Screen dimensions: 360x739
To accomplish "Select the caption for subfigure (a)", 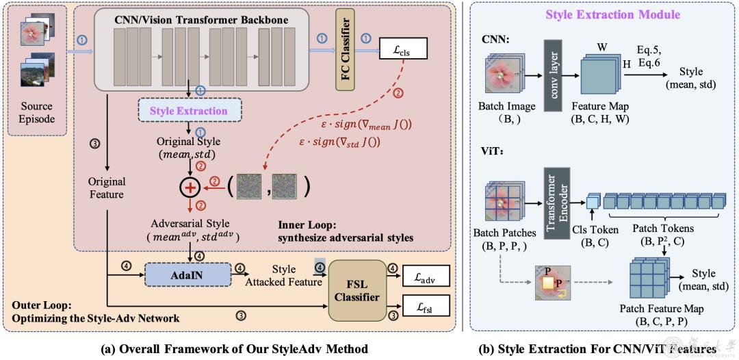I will point(231,349).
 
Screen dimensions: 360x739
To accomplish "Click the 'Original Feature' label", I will point(106,188).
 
